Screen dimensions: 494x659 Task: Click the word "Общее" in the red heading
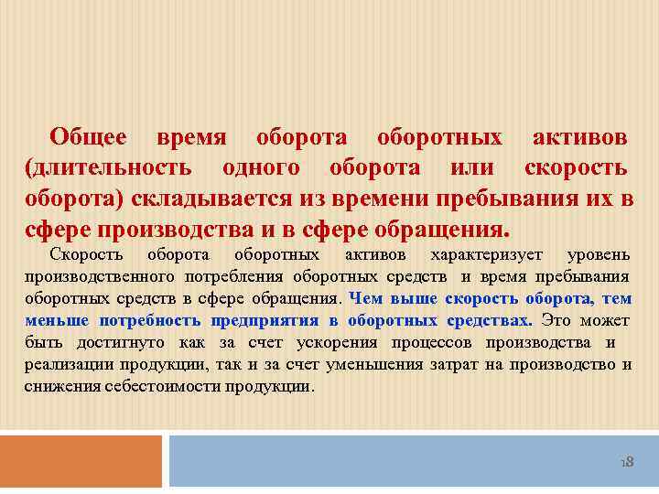88,138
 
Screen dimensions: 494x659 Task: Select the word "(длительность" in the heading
108,168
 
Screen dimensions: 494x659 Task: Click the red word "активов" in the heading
580,138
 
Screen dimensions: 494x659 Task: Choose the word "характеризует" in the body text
487,254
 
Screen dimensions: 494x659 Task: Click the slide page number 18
627,463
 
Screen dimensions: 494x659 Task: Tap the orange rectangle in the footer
81,461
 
